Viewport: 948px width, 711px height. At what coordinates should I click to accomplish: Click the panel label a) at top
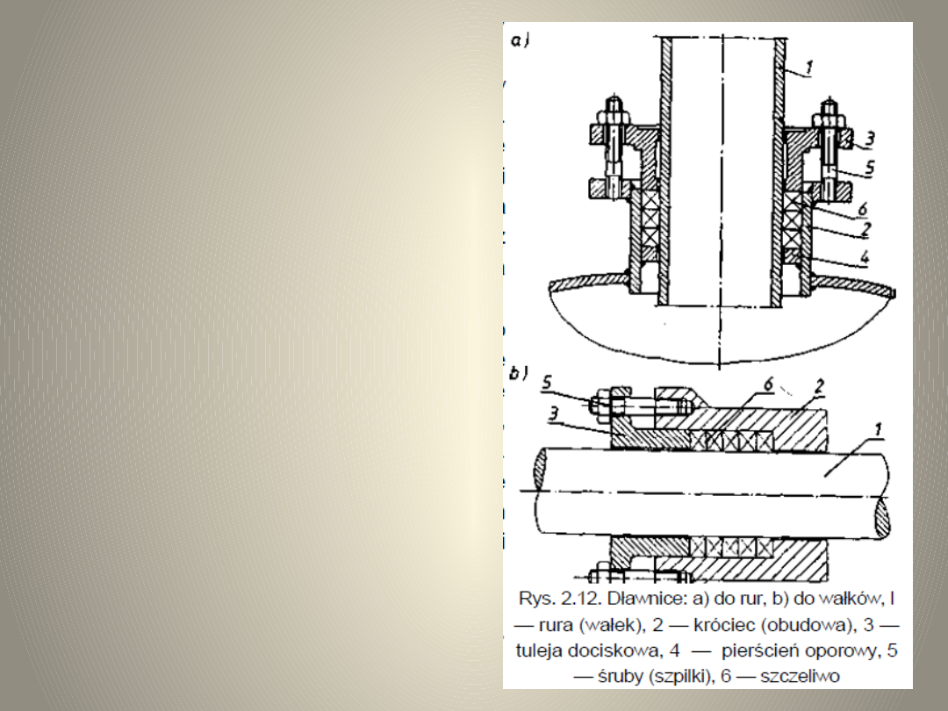click(520, 40)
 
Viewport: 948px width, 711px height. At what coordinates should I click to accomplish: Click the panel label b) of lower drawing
click(519, 373)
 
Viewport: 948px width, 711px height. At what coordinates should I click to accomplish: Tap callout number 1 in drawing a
click(809, 67)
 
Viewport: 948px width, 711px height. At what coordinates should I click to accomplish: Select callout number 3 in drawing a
click(869, 139)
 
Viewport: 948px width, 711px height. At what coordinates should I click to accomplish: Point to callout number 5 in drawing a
click(869, 167)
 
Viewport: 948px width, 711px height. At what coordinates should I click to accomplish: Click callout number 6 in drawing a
click(863, 209)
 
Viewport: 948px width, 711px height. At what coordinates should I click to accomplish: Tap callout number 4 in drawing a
click(865, 257)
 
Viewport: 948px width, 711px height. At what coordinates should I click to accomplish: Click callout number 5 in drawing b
click(547, 382)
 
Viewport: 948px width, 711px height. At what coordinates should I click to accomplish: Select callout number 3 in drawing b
click(553, 413)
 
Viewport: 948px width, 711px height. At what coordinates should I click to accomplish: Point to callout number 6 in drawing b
click(768, 384)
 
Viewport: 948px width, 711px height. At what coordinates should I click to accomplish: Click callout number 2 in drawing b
click(819, 385)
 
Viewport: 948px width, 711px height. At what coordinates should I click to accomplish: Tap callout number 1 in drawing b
click(879, 429)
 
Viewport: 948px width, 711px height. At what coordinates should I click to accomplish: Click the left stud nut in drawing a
click(614, 116)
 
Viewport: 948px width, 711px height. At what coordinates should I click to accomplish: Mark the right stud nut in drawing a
click(829, 116)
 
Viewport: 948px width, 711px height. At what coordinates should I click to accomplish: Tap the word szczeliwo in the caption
click(800, 676)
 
